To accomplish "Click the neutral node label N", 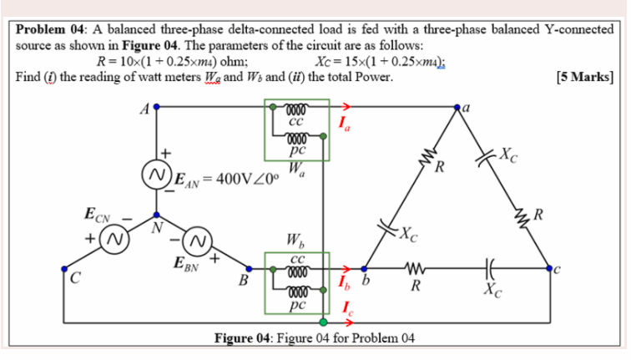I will click(x=155, y=225).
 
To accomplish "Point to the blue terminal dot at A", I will click(x=155, y=107).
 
